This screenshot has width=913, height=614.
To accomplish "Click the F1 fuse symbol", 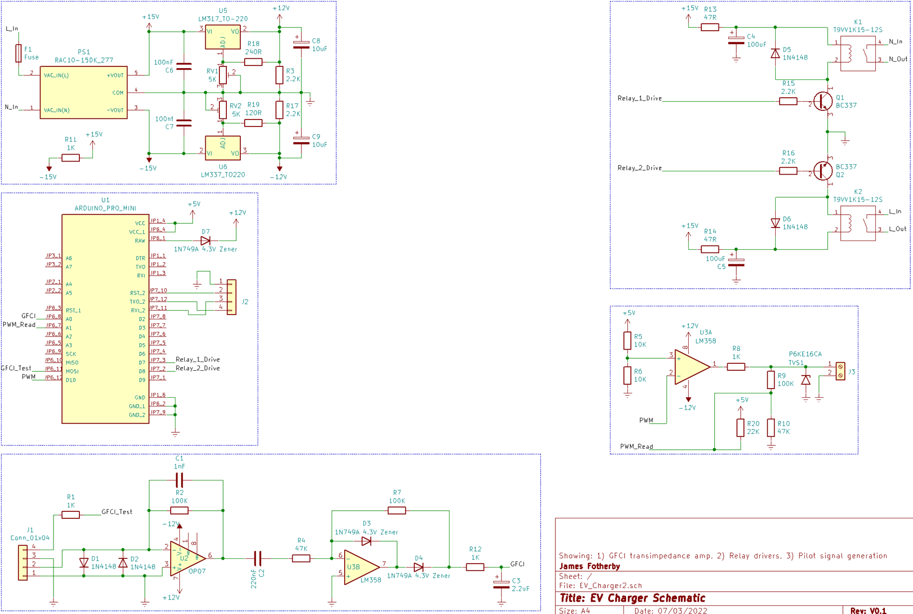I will [x=18, y=53].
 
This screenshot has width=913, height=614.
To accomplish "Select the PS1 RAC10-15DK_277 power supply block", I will [x=84, y=92].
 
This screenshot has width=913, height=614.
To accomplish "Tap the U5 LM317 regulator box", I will [x=223, y=37].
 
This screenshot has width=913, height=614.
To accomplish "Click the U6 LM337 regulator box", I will [x=223, y=148].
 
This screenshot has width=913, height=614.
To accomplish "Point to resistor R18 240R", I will [x=253, y=62].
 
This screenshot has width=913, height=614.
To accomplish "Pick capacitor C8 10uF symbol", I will [x=301, y=44].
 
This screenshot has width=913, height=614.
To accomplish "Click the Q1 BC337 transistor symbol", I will [x=823, y=101].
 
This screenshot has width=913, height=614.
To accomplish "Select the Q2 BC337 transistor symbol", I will [x=823, y=171].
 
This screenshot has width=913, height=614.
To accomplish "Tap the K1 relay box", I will [x=857, y=54].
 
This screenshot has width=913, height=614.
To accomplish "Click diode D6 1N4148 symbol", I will [x=775, y=223].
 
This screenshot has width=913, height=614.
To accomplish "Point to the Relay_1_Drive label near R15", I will [x=639, y=98].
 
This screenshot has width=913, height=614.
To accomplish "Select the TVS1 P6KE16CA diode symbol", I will [x=805, y=380].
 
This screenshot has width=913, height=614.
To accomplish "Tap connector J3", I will [x=840, y=371].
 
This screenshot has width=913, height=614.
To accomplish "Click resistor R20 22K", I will [x=740, y=428].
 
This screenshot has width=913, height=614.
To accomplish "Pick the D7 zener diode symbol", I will [x=205, y=241].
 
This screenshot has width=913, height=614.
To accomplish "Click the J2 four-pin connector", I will [x=231, y=297].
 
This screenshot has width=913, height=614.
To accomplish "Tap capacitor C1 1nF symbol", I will [x=179, y=479].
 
